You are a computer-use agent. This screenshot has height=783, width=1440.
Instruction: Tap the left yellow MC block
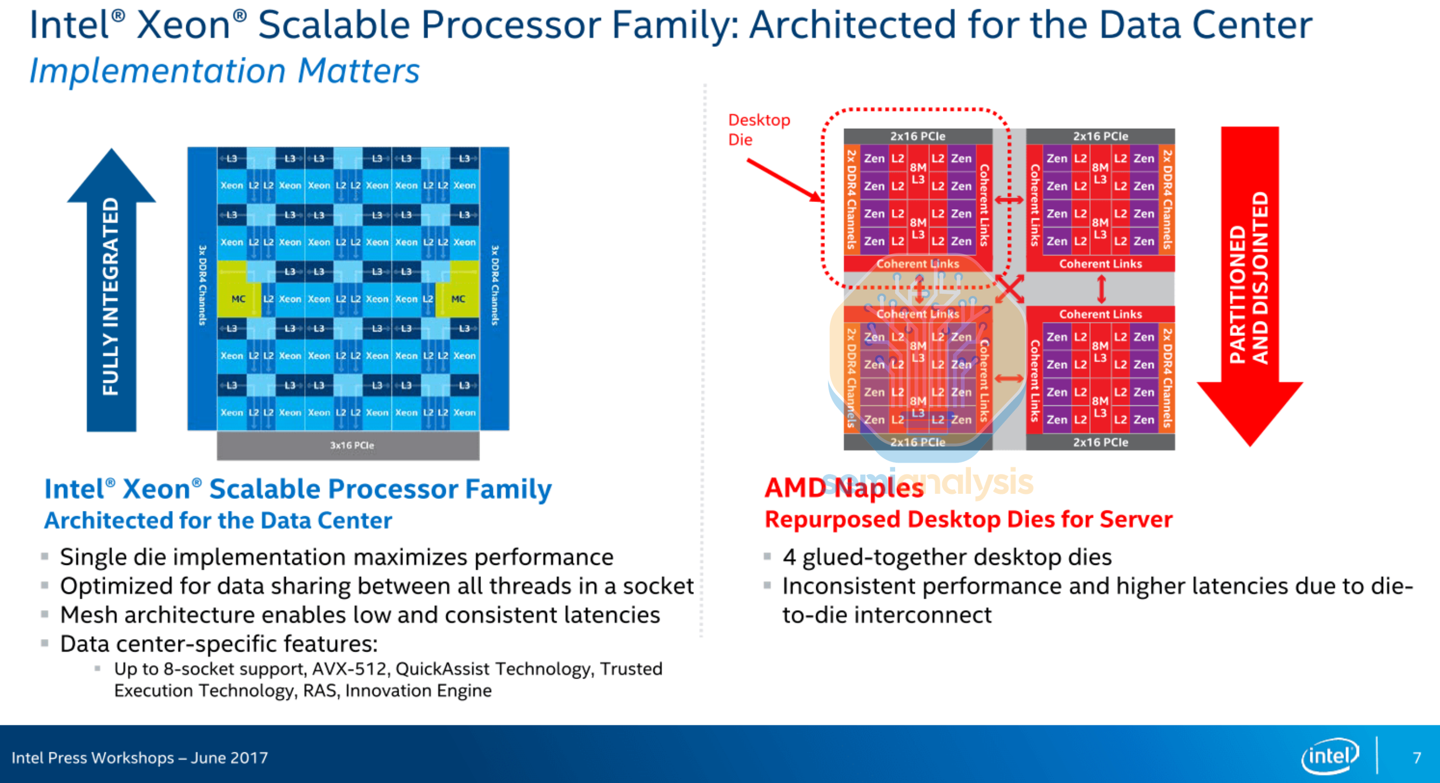click(238, 299)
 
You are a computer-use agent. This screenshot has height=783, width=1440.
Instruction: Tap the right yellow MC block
click(458, 299)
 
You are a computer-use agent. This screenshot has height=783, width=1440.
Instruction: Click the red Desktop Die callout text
click(758, 129)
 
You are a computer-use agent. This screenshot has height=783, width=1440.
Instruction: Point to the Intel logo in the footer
click(1330, 756)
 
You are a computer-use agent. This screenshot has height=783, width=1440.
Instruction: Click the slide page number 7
click(1417, 758)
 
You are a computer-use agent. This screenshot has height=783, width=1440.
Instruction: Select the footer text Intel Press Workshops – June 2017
click(140, 758)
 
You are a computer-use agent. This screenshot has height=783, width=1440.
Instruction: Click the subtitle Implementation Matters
click(224, 71)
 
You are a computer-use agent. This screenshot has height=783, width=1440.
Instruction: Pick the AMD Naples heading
click(844, 488)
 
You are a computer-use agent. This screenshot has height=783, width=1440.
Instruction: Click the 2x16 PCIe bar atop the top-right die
click(1100, 136)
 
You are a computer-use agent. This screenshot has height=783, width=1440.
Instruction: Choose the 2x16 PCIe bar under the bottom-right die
click(1100, 442)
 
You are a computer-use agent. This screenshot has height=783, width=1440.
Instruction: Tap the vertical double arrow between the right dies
click(1101, 289)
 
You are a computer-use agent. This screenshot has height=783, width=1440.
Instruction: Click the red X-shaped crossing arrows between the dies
click(1010, 289)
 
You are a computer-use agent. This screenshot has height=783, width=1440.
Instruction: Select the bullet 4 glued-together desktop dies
click(947, 557)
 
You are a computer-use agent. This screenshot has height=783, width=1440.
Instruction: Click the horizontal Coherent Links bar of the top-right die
click(1100, 263)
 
